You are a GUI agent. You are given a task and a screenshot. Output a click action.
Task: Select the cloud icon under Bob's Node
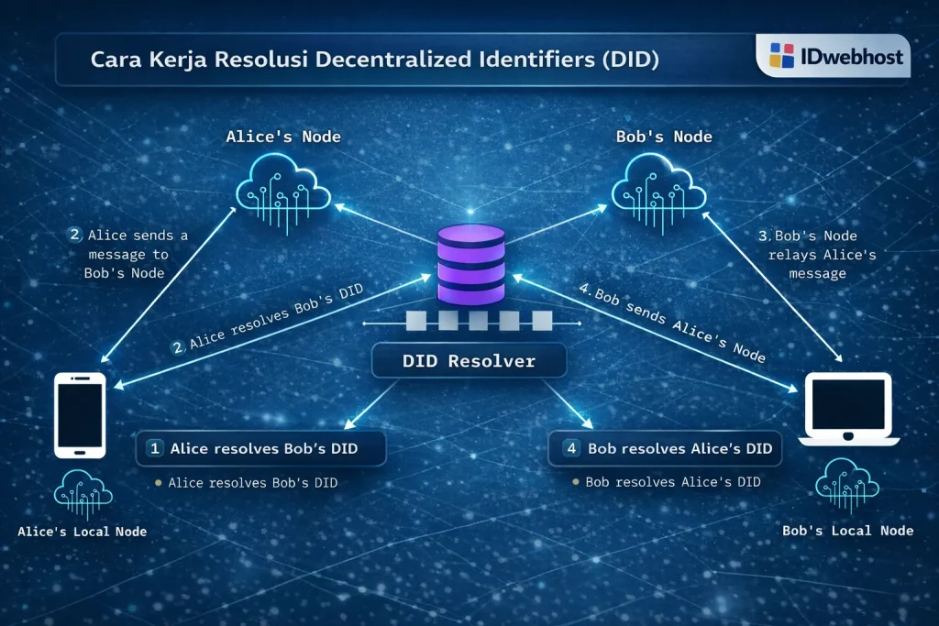(x=658, y=183)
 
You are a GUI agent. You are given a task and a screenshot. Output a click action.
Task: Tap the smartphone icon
(x=81, y=414)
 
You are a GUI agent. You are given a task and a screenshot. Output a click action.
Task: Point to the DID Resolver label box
(x=469, y=361)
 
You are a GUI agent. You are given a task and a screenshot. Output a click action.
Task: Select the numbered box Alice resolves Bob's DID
(x=261, y=449)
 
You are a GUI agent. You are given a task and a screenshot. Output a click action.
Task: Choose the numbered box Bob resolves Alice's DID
(x=665, y=449)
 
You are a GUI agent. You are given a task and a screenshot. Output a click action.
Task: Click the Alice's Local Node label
(x=82, y=532)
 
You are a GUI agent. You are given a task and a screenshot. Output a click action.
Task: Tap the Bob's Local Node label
(x=847, y=531)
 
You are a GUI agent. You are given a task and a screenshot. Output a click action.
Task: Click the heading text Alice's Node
(x=283, y=137)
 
